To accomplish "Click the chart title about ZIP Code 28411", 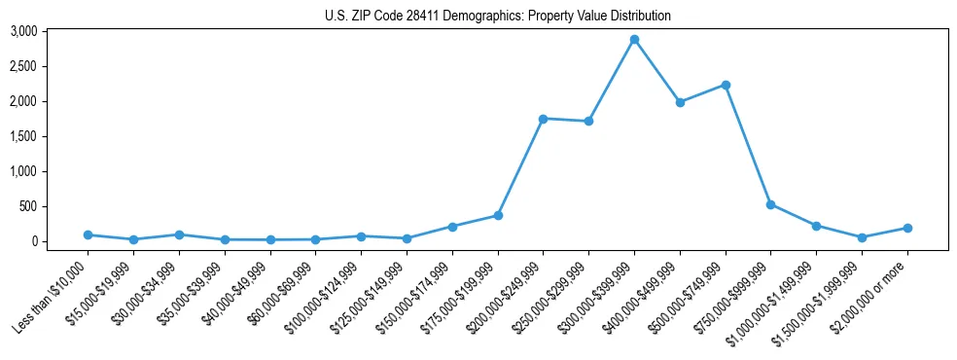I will (497, 17).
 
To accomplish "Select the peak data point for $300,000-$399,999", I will (634, 40).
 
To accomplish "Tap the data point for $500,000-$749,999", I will (726, 85).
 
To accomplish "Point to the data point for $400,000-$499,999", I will (680, 102).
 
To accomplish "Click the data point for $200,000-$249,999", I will (543, 119).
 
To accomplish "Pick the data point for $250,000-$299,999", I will (588, 122).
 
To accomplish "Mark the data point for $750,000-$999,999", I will (770, 204).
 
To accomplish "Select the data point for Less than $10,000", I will (88, 234).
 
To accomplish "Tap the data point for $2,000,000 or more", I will (907, 228).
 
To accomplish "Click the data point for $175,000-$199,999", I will (498, 215).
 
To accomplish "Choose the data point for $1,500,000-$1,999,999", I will (862, 237).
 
